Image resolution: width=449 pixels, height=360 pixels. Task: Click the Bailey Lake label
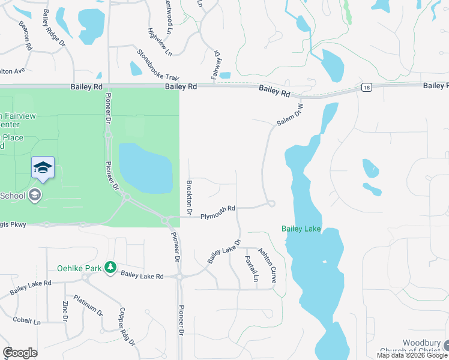(301, 229)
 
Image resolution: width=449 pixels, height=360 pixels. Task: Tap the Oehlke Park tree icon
(110, 267)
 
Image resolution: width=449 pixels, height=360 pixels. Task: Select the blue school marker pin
(43, 167)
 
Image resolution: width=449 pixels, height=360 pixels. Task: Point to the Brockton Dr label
(189, 198)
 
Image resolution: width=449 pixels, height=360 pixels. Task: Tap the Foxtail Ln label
(252, 268)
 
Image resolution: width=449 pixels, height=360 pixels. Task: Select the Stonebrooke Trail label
(158, 65)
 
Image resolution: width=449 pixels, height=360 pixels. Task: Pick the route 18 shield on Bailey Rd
(366, 88)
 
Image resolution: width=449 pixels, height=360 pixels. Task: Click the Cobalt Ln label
(26, 322)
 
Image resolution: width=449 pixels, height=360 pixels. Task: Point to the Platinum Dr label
(88, 305)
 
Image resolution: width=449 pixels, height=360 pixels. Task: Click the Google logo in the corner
(20, 353)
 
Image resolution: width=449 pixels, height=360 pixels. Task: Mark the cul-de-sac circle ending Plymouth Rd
(271, 204)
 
